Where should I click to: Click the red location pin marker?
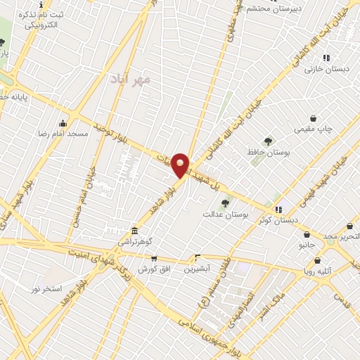(x=181, y=165)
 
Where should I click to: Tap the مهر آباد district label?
(x=131, y=79)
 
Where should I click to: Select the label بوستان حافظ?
(x=264, y=152)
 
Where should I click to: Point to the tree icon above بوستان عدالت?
(x=224, y=202)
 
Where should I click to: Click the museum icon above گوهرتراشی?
(x=134, y=231)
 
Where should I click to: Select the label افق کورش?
(x=151, y=269)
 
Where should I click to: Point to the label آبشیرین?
(x=198, y=269)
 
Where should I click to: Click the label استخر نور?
(x=46, y=289)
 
